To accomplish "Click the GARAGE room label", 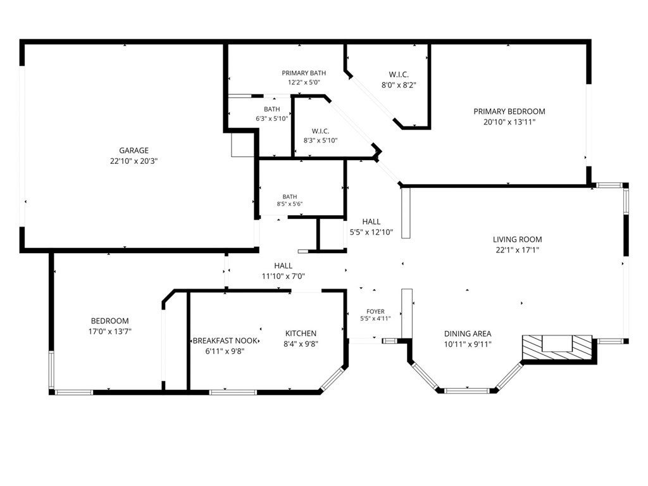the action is coord(134,151).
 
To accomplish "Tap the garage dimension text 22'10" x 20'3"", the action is coord(134,161).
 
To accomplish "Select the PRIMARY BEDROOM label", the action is coord(509,111).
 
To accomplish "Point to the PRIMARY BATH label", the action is coord(304,73).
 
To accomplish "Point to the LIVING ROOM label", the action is coord(518,239).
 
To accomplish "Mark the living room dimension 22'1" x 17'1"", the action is coord(518,250).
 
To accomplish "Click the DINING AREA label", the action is coord(468,333).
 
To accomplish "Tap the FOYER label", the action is coord(375,311).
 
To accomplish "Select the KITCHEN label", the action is coord(301,333).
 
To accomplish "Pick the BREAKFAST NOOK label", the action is coord(226,341).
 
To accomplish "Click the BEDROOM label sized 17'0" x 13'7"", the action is coord(110,321).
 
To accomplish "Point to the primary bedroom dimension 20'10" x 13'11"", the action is coord(509,122).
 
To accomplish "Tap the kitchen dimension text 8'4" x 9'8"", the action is coord(301,344).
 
